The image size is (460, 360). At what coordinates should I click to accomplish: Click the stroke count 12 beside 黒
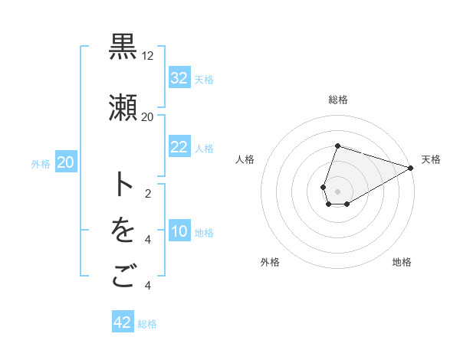coord(148,56)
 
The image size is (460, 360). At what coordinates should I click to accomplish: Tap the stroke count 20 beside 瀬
coord(148,117)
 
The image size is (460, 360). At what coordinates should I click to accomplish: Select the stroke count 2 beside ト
coord(148,194)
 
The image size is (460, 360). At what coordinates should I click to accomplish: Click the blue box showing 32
coord(179,78)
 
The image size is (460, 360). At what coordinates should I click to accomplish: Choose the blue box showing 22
coord(179,147)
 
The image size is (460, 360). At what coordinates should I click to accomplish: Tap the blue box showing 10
coord(179,232)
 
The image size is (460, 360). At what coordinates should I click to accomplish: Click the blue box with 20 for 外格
coord(66,162)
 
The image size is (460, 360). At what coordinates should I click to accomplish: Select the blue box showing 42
coord(123,322)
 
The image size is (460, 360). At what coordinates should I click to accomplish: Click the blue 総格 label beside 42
coord(147,324)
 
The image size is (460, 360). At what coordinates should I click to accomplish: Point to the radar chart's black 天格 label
coord(432,159)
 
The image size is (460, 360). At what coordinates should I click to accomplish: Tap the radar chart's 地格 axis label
coord(402,263)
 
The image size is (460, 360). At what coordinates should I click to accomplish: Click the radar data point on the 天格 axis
coord(411,168)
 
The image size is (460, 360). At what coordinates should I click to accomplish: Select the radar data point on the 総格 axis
coord(337,146)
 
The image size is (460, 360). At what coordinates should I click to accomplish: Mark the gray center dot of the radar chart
coord(337,191)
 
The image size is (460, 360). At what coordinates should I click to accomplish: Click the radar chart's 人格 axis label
coord(245,159)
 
